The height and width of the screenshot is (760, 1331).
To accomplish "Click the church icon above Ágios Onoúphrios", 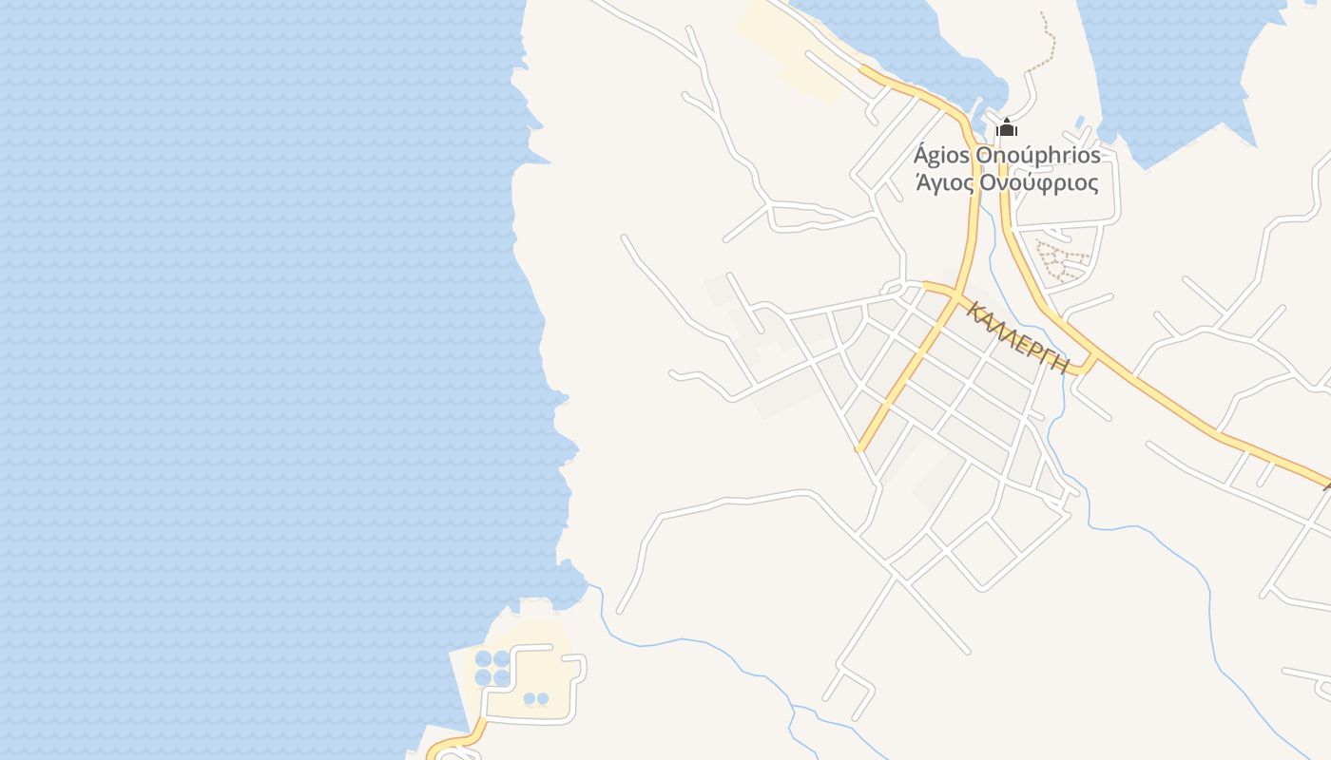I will pos(1007,128).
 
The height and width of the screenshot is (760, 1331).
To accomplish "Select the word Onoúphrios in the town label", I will pos(1043,155).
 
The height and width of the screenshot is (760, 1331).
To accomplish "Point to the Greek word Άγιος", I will pos(944,182).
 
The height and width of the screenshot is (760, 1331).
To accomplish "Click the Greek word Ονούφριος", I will pos(1041,182).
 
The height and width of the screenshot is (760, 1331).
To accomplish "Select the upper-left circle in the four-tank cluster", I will pos(484,658).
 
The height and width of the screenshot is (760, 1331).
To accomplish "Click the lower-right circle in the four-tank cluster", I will pos(502,677).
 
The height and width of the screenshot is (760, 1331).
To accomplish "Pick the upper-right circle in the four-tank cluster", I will pos(502,658).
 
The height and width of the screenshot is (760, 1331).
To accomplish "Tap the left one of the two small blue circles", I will pos(530,699).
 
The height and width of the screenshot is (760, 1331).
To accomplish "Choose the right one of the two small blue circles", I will pos(543,699).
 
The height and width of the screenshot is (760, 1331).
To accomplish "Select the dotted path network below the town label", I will pos(1062,260).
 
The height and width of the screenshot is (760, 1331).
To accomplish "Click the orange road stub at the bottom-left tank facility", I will pos(456,741).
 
